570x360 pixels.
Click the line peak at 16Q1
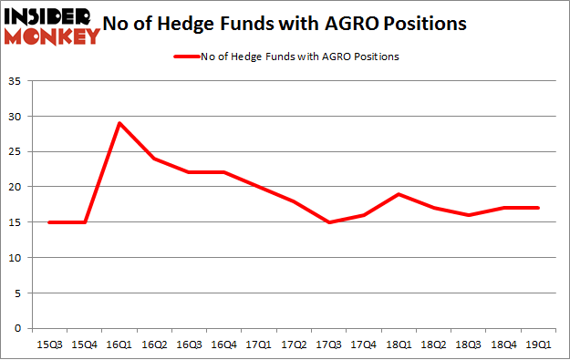(119, 123)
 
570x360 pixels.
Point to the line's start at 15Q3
(48, 222)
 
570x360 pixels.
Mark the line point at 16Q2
(153, 159)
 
